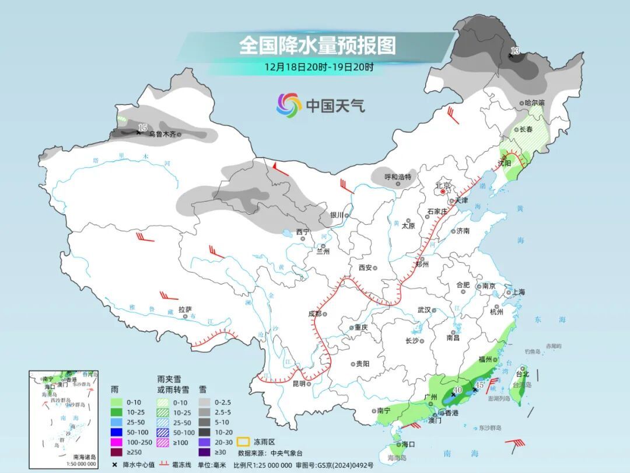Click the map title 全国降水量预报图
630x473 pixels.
coord(317,45)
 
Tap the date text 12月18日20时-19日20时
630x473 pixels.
coord(318,67)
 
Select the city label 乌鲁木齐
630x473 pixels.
coord(162,134)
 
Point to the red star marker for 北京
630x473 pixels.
coord(443,192)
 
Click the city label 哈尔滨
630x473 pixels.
coord(534,103)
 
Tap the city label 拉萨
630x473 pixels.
coord(185,309)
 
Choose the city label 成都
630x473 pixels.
coord(314,314)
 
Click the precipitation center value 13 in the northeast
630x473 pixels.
coord(514,52)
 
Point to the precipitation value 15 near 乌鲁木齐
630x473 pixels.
coord(142,127)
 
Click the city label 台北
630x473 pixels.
coord(522,374)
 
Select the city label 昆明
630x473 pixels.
coord(299,384)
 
